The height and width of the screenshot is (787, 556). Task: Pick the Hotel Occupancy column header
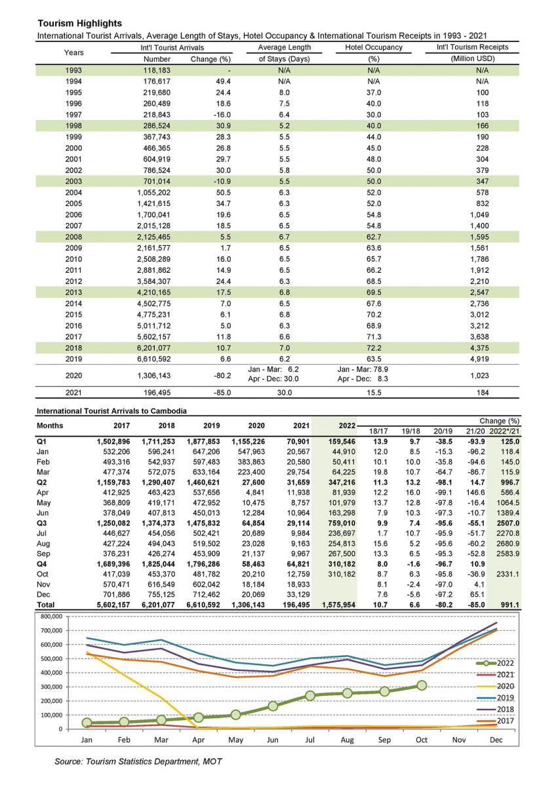click(374, 49)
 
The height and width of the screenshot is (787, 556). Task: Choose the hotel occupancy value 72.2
click(374, 348)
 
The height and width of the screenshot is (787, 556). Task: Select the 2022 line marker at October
click(421, 685)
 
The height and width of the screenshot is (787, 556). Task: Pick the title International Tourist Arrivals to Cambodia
click(111, 411)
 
